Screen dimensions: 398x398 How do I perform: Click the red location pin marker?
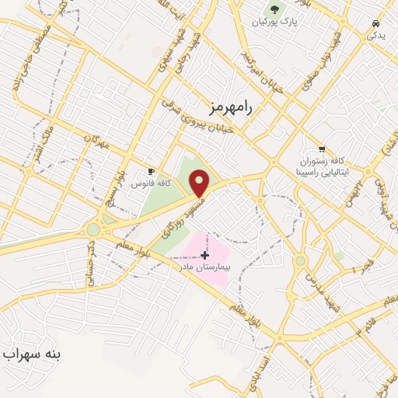(200, 183)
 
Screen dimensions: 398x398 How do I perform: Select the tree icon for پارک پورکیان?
(274, 10)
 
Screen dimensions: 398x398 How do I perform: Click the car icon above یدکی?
(376, 23)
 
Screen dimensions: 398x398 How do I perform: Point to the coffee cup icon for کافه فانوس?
(152, 171)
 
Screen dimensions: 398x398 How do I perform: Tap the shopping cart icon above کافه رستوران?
(322, 149)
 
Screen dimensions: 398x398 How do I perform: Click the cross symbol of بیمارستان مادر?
(205, 255)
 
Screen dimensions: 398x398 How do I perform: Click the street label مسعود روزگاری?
(176, 215)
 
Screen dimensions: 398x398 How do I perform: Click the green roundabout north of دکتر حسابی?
(94, 229)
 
